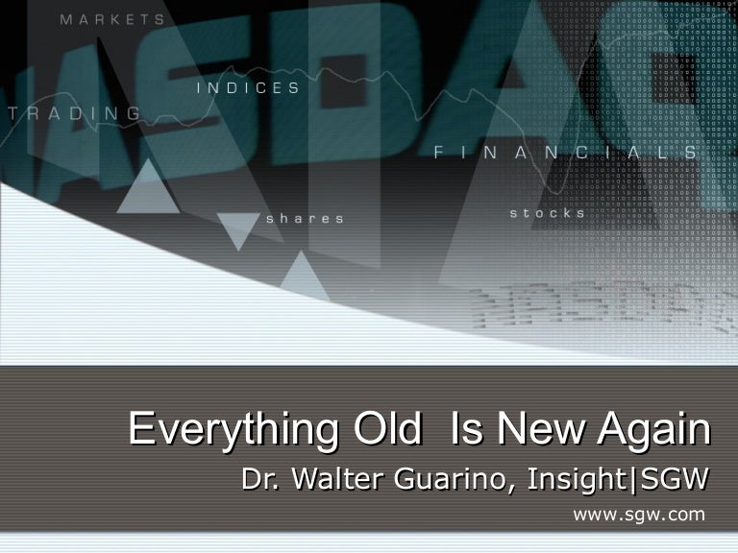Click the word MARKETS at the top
click(x=111, y=19)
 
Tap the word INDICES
click(x=248, y=88)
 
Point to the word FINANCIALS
click(x=566, y=153)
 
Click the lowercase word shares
click(x=305, y=219)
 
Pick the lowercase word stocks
click(x=547, y=213)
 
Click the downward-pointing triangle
click(x=237, y=229)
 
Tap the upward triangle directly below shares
click(x=304, y=274)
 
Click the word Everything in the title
click(x=234, y=429)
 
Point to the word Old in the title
click(x=388, y=429)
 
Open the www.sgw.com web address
click(x=638, y=516)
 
